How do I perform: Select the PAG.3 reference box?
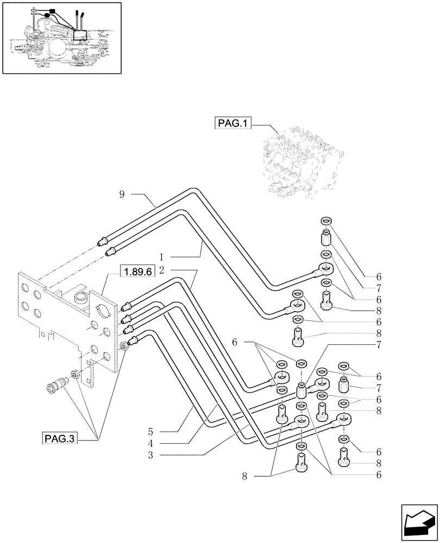click(59, 438)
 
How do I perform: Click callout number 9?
click(123, 193)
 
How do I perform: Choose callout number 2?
click(162, 270)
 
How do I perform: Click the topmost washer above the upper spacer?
click(326, 220)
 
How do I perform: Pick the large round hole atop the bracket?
click(80, 297)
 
